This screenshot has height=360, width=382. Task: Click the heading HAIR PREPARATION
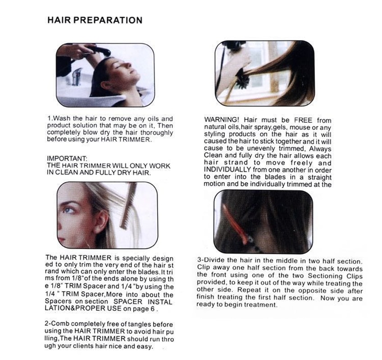coord(95,20)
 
